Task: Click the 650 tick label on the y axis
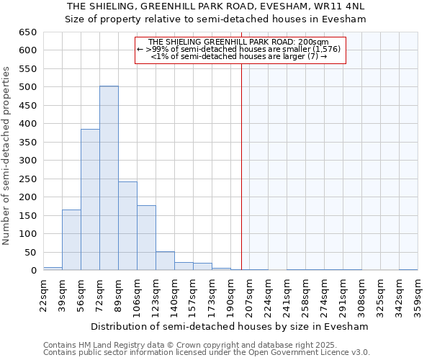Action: [27, 32]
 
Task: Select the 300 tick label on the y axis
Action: [27, 161]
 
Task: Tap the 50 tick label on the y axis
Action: [30, 252]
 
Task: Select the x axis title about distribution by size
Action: [230, 326]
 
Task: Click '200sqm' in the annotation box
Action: [314, 42]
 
